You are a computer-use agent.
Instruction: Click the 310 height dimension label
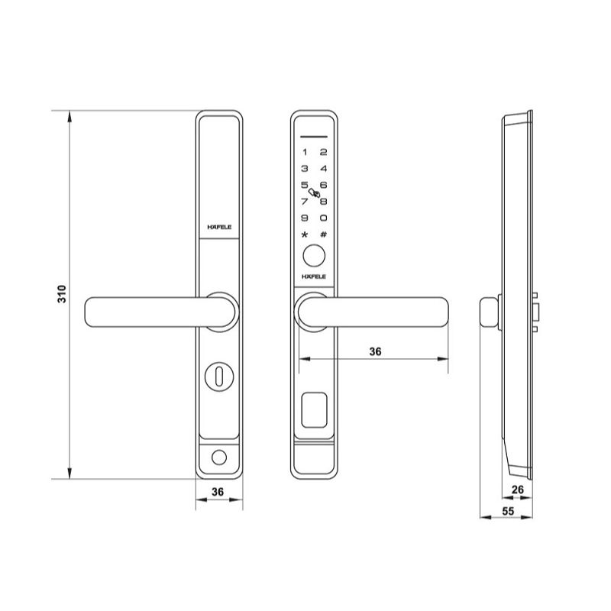62,294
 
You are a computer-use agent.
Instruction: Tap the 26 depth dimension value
518,490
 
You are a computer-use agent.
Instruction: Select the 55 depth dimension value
508,511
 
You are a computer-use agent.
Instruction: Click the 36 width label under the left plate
218,492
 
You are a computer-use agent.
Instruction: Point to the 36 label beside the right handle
375,351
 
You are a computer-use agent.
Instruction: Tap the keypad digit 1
305,152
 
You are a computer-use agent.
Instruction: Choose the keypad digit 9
305,218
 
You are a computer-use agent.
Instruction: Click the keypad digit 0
323,218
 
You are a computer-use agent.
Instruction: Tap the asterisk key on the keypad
305,234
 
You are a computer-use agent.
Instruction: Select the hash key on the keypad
323,234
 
